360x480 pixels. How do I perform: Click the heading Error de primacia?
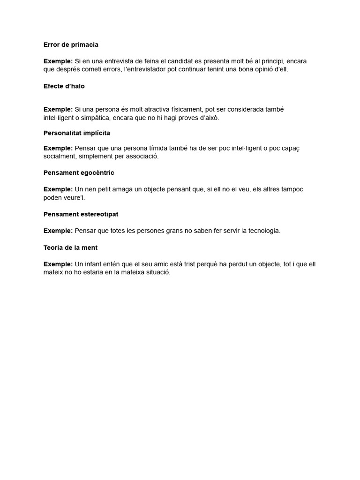pos(71,45)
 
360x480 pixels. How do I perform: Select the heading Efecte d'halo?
pos(64,86)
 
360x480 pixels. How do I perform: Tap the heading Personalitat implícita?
pos(77,133)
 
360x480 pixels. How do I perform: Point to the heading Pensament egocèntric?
pos(79,172)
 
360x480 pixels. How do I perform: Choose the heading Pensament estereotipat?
pos(81,214)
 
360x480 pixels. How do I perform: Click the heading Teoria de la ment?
pos(70,247)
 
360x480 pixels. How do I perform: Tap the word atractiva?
pos(160,109)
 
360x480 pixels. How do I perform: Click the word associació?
pos(142,156)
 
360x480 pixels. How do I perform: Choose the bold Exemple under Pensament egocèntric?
pos(58,189)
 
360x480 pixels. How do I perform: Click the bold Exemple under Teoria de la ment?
pos(58,264)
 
